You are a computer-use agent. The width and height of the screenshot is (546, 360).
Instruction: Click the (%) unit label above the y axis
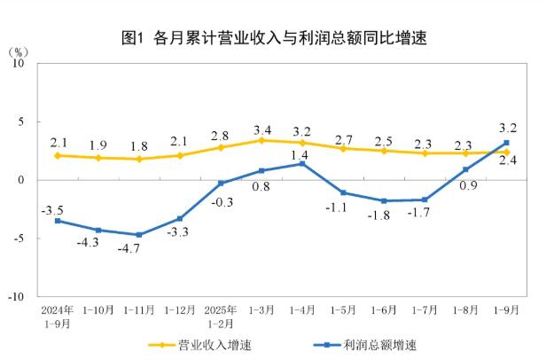[19, 51]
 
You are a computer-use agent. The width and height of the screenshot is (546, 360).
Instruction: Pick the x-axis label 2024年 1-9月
[57, 317]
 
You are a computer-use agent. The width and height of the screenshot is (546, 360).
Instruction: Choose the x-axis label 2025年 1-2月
[220, 317]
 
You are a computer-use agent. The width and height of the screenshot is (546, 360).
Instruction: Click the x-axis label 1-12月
[179, 310]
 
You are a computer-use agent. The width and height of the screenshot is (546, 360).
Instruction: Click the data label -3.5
[52, 209]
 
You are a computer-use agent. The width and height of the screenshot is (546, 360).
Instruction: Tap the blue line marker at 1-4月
[302, 164]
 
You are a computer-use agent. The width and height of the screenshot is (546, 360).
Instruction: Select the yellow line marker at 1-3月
[261, 140]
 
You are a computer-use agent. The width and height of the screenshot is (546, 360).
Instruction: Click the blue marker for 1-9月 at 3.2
[506, 143]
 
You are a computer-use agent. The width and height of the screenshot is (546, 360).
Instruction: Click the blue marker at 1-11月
[139, 235]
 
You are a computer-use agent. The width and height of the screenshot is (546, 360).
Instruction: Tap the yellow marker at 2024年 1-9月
[58, 155]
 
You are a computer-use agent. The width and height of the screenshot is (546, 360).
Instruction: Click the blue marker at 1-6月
[384, 201]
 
